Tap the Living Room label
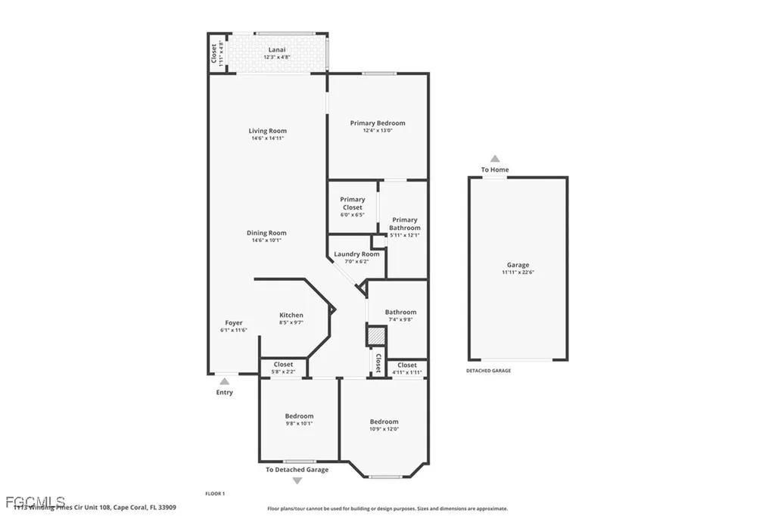[x=268, y=131]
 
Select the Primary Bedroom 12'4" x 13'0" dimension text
[x=377, y=131]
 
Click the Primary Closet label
[x=352, y=204]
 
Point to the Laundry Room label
[x=356, y=254]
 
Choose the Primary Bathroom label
[x=404, y=224]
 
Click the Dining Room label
[x=266, y=233]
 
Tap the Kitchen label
[x=291, y=316]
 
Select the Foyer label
[x=234, y=323]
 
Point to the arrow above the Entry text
[x=224, y=381]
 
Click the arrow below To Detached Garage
[x=297, y=480]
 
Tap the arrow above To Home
[x=495, y=159]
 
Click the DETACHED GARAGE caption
[x=488, y=371]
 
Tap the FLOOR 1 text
[x=215, y=494]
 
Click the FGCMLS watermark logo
[x=33, y=502]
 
